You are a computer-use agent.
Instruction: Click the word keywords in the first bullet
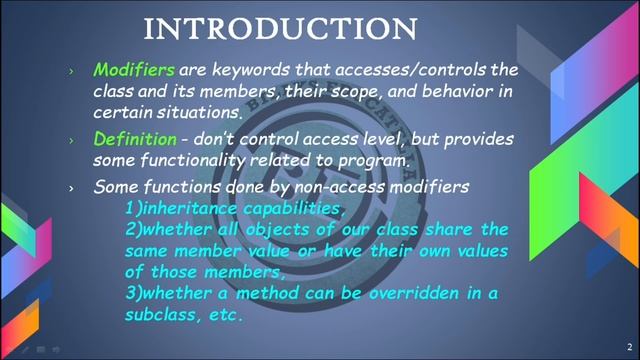249,71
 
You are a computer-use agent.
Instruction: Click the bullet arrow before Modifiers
71,72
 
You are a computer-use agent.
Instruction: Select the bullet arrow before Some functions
71,187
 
